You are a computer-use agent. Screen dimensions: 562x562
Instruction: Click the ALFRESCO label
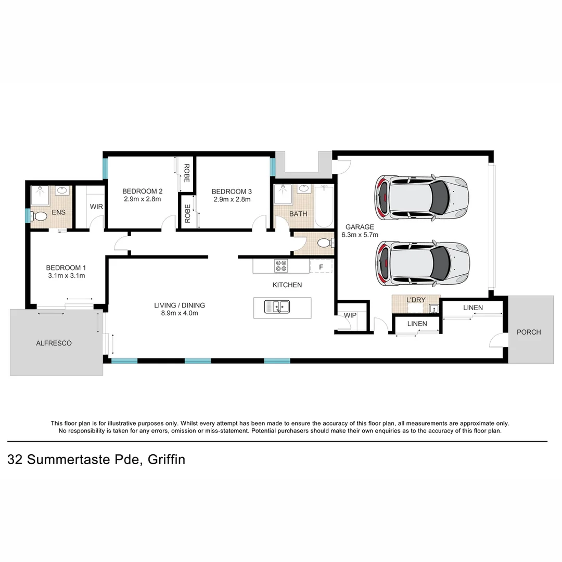(x=54, y=343)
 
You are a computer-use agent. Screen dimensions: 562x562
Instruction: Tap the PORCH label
(x=528, y=332)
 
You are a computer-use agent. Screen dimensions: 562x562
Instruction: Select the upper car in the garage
(x=421, y=198)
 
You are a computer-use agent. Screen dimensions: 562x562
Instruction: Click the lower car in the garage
(x=423, y=263)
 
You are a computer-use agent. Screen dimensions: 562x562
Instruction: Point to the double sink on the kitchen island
(x=277, y=307)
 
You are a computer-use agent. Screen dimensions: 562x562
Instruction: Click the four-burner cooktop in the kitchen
(x=281, y=265)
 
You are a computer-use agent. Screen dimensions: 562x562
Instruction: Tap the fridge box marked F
(x=321, y=267)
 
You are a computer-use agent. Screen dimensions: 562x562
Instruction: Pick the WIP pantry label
(x=350, y=315)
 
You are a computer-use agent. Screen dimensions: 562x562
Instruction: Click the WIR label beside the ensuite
(x=96, y=207)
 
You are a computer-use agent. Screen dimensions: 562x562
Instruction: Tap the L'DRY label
(x=415, y=300)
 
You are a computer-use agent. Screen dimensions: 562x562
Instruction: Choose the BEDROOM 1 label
(x=65, y=268)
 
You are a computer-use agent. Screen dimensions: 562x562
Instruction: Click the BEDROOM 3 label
(x=232, y=191)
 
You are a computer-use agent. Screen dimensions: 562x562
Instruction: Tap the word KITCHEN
(x=287, y=285)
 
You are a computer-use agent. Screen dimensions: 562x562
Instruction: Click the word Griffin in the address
(x=167, y=459)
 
